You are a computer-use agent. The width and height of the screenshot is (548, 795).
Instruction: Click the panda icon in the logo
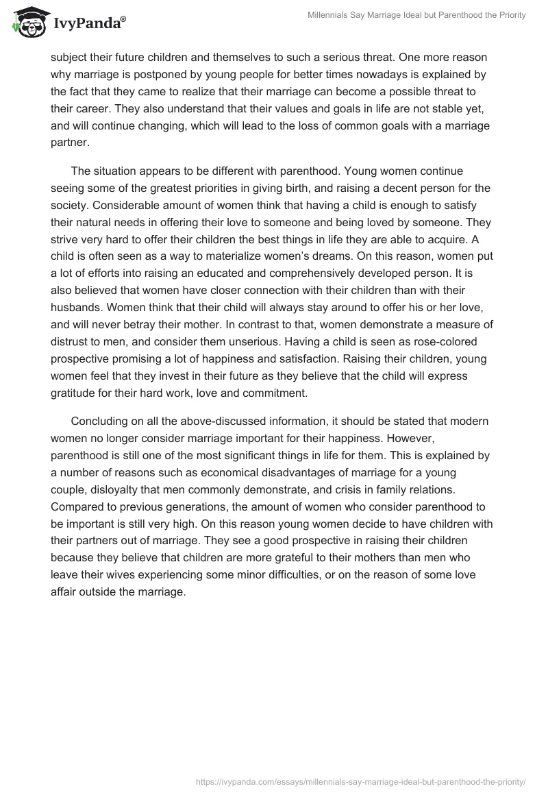tap(27, 23)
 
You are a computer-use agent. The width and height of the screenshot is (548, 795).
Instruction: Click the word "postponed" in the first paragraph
tap(172, 74)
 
